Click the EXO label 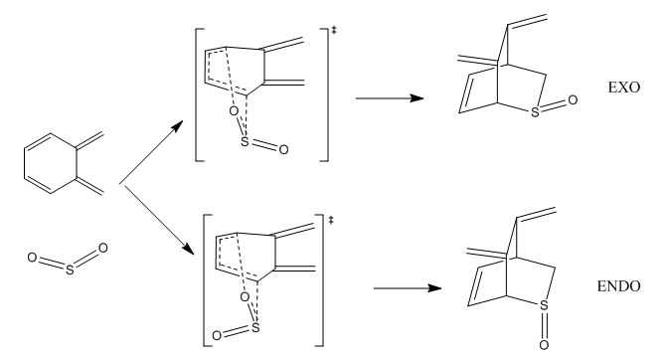(623, 88)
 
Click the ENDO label (618, 286)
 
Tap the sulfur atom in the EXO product (535, 112)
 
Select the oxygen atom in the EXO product (573, 100)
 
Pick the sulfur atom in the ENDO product (544, 305)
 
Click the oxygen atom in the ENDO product (544, 344)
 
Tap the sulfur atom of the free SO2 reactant (70, 270)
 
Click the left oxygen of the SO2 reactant (32, 258)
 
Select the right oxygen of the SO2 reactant (103, 248)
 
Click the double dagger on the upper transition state (334, 30)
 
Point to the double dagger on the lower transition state (331, 220)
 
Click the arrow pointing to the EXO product (390, 98)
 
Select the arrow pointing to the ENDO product (408, 288)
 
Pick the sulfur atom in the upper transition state (245, 141)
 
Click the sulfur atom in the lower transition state (255, 327)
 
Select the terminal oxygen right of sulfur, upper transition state (283, 149)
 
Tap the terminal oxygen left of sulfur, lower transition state (217, 336)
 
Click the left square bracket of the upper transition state (197, 94)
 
